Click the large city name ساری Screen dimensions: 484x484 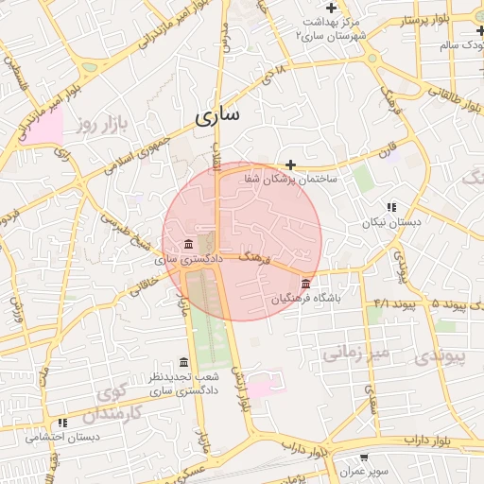[x=218, y=115]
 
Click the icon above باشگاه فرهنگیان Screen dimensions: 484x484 [x=304, y=284]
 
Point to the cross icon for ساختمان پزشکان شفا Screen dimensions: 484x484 [x=290, y=164]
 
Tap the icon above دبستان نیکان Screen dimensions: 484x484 [x=391, y=208]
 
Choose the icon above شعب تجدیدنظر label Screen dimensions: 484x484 [x=183, y=363]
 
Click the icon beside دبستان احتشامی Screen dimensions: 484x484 [x=63, y=423]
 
